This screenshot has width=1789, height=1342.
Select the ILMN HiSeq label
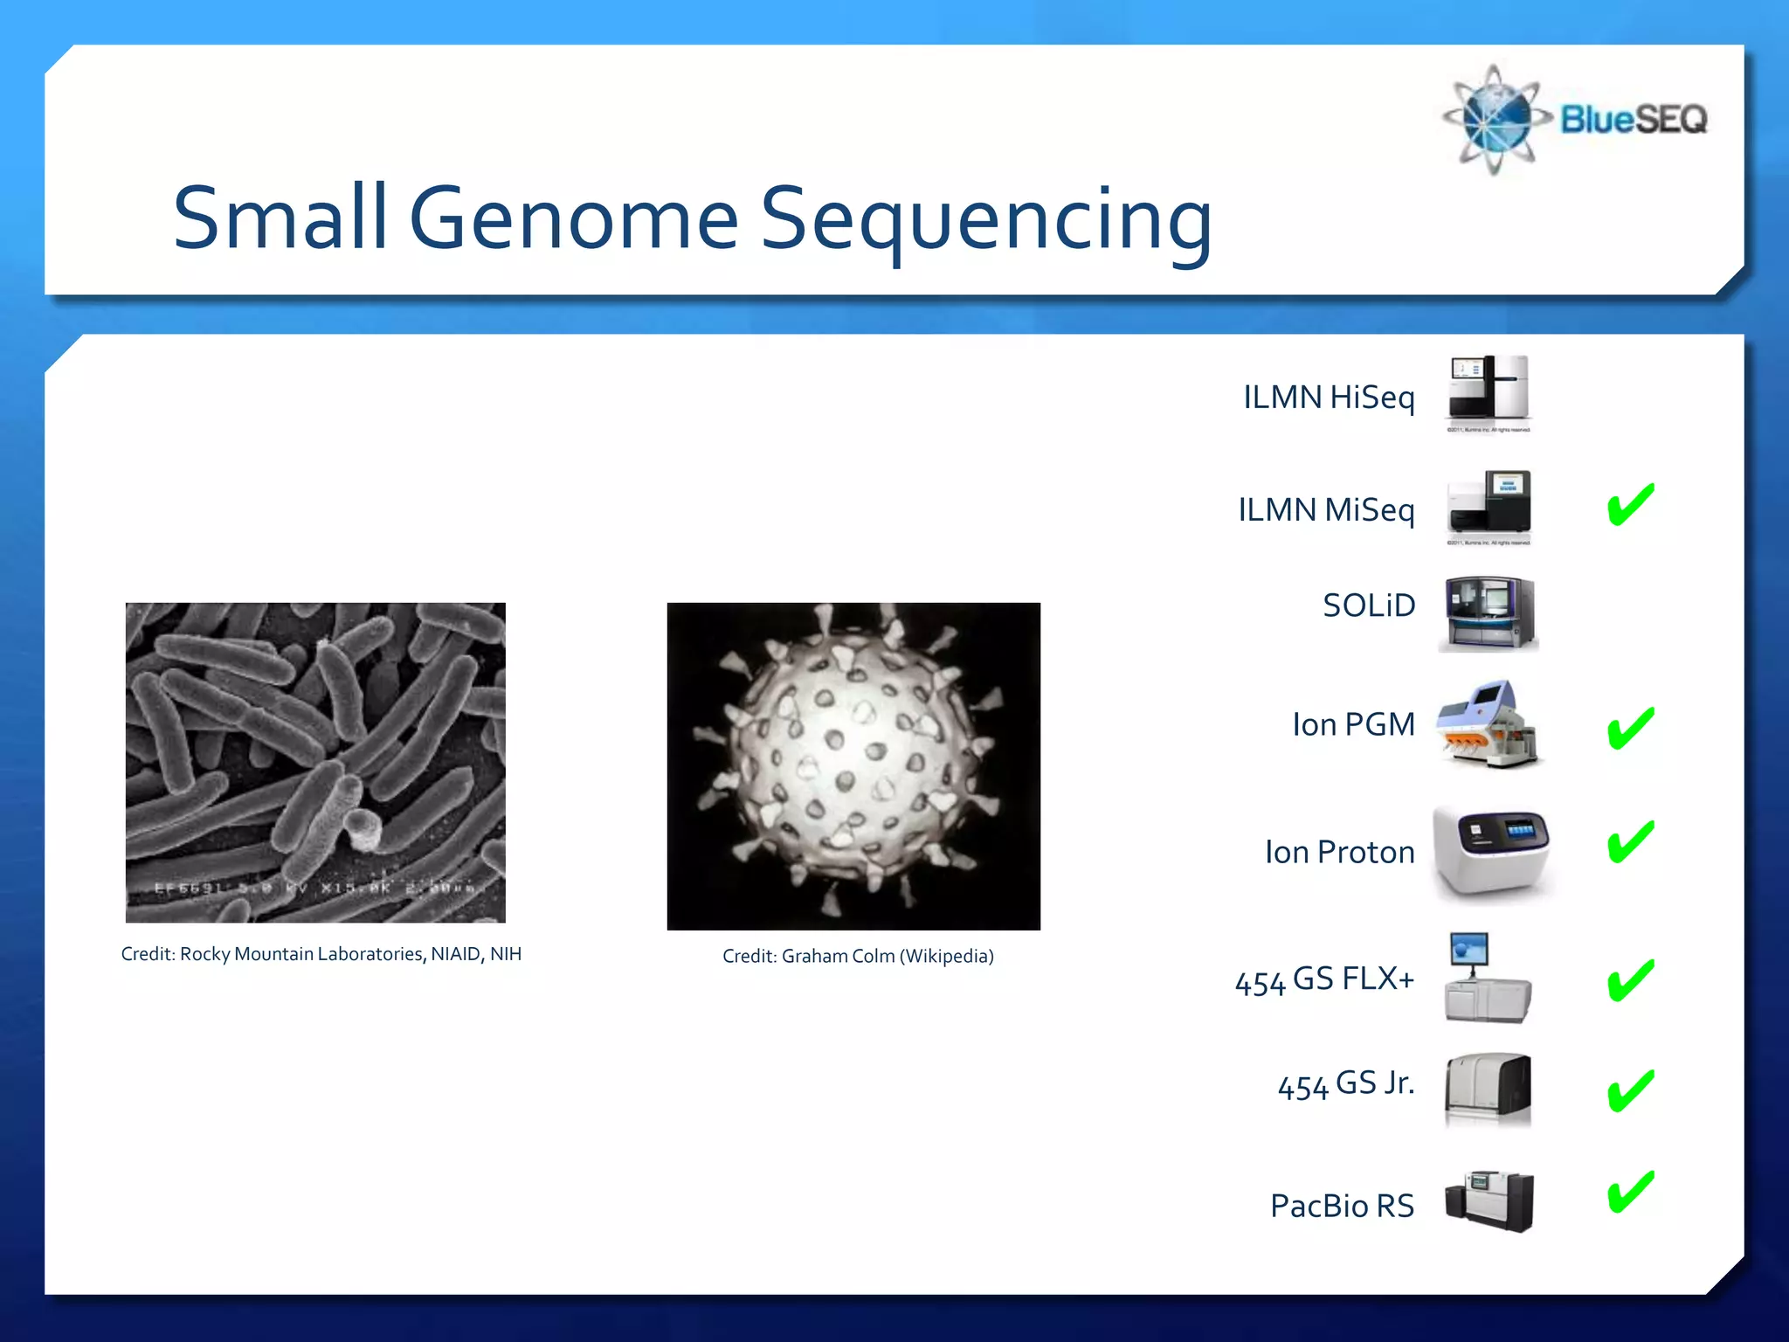pyautogui.click(x=1329, y=398)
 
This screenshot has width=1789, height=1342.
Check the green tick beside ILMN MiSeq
pyautogui.click(x=1630, y=505)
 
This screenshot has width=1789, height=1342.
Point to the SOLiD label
pyautogui.click(x=1368, y=605)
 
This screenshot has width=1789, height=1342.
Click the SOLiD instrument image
pyautogui.click(x=1489, y=613)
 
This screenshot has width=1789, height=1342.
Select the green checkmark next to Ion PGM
pyautogui.click(x=1630, y=729)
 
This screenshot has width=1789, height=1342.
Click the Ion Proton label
pyautogui.click(x=1339, y=852)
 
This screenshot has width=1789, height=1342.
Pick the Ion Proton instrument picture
pyautogui.click(x=1490, y=851)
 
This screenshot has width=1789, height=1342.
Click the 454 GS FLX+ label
pyautogui.click(x=1324, y=979)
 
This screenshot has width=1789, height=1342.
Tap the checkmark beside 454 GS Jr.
pyautogui.click(x=1630, y=1091)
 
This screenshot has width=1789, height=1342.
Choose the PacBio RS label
pyautogui.click(x=1342, y=1206)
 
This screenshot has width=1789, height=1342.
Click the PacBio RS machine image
pyautogui.click(x=1489, y=1201)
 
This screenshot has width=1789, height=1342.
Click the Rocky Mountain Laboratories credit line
pyautogui.click(x=321, y=954)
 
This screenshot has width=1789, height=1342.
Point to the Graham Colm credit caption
pyautogui.click(x=858, y=957)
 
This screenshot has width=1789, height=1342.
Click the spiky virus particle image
pyautogui.click(x=853, y=765)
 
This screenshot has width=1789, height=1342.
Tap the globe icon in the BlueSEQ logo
pyautogui.click(x=1495, y=120)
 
